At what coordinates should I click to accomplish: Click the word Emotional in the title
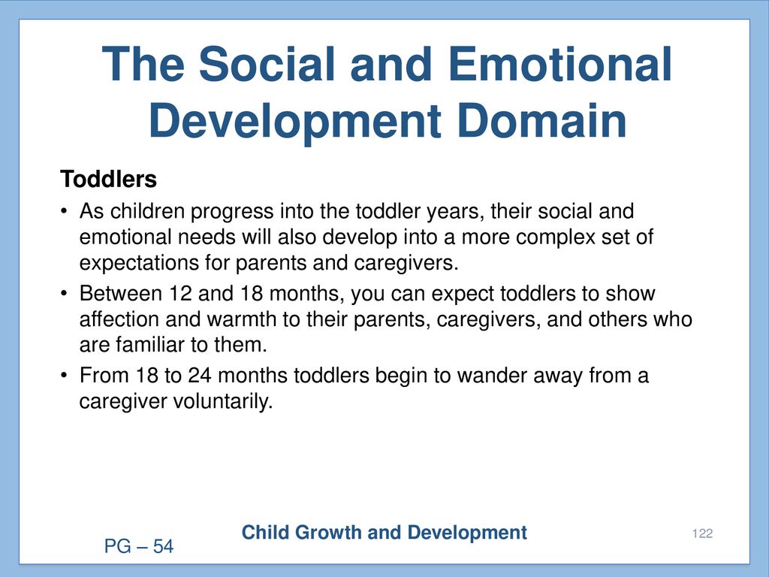pyautogui.click(x=559, y=64)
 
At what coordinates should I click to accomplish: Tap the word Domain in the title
pyautogui.click(x=542, y=121)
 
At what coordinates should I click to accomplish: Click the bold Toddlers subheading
pyautogui.click(x=108, y=179)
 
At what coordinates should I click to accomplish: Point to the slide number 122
pyautogui.click(x=702, y=533)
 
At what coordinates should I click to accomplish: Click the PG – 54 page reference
pyautogui.click(x=139, y=546)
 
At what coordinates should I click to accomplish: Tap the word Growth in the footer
pyautogui.click(x=327, y=533)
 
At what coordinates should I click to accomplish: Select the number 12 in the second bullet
pyautogui.click(x=180, y=294)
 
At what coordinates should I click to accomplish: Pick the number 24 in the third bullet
pyautogui.click(x=200, y=376)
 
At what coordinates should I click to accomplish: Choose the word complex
pyautogui.click(x=556, y=238)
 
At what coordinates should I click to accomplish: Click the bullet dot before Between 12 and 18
pyautogui.click(x=64, y=294)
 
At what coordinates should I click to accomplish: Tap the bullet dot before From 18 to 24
pyautogui.click(x=64, y=376)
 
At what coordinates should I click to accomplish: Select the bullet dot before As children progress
pyautogui.click(x=64, y=212)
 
